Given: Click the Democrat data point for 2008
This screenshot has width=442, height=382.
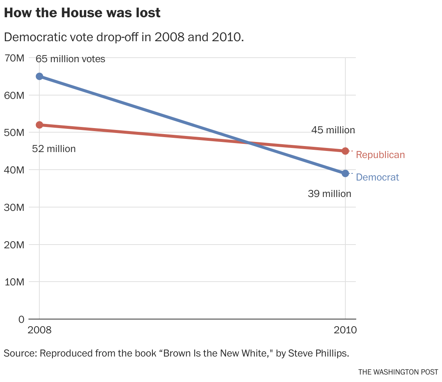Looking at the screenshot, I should click(39, 76).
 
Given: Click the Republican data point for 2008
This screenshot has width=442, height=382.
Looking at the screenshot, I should click(39, 125).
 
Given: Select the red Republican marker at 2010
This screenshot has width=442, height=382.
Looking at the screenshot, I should click(345, 151).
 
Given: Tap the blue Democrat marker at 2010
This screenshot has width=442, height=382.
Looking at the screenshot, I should click(345, 173).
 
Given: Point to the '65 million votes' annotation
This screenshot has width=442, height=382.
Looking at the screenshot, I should click(70, 59).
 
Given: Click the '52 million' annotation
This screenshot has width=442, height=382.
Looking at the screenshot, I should click(54, 149).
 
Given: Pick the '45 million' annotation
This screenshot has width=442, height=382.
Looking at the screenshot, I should click(333, 130).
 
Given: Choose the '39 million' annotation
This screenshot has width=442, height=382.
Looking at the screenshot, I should click(330, 194).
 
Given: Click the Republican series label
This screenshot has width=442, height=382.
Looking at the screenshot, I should click(380, 155).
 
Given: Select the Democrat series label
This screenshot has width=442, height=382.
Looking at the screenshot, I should click(378, 178).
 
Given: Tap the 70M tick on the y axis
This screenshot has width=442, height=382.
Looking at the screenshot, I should click(14, 58).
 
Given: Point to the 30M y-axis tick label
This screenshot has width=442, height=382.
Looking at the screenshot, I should click(14, 207).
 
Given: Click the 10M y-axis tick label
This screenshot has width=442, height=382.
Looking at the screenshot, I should click(14, 282).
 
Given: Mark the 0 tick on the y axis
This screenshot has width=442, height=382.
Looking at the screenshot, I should click(21, 319).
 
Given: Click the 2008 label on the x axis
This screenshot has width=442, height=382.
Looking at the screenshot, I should click(39, 331).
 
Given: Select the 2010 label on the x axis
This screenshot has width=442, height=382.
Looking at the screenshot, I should click(345, 331).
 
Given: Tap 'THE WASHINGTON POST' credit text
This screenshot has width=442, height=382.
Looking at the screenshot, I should click(398, 372).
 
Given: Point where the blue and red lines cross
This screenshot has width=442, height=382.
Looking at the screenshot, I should click(248, 143).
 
